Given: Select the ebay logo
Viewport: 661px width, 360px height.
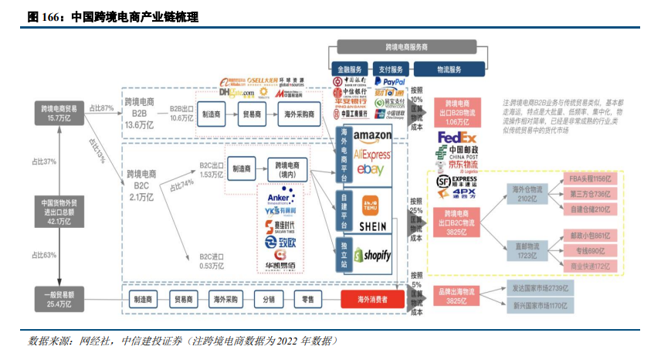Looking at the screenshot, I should (370, 169).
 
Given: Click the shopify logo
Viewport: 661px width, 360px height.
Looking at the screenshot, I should (373, 255).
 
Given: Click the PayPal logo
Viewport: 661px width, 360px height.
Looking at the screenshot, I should (389, 81).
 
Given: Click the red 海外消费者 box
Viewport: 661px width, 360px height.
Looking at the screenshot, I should (371, 298).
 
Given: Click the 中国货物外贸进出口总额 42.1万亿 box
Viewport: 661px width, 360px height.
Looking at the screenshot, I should (58, 211).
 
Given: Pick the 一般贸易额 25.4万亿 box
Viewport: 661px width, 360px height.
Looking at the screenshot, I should (58, 298).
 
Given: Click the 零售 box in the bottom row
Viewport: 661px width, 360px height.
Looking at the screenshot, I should (308, 298).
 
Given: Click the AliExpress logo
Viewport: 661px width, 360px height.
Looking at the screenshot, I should (373, 153).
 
